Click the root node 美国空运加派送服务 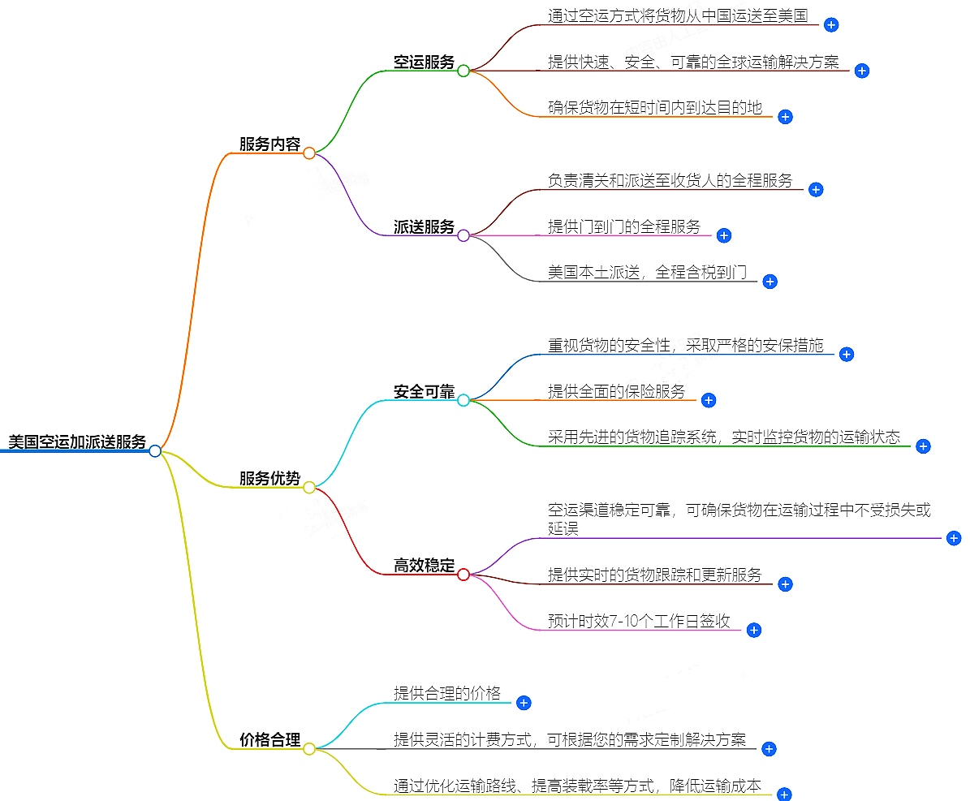click(77, 442)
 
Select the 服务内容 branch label click(269, 144)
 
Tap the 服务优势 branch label click(269, 479)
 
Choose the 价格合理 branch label click(269, 740)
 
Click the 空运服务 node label click(424, 62)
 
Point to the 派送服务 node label click(424, 227)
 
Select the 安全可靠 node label click(424, 392)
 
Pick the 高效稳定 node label click(424, 566)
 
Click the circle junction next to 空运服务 click(463, 71)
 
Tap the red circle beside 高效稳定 click(463, 575)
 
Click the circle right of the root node click(155, 451)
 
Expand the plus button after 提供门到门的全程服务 click(724, 235)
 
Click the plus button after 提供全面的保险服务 click(709, 400)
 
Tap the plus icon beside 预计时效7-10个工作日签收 click(753, 630)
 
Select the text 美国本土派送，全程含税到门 click(647, 273)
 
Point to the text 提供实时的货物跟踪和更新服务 click(655, 575)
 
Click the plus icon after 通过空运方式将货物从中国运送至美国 click(831, 25)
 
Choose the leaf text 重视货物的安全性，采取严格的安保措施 click(685, 346)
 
